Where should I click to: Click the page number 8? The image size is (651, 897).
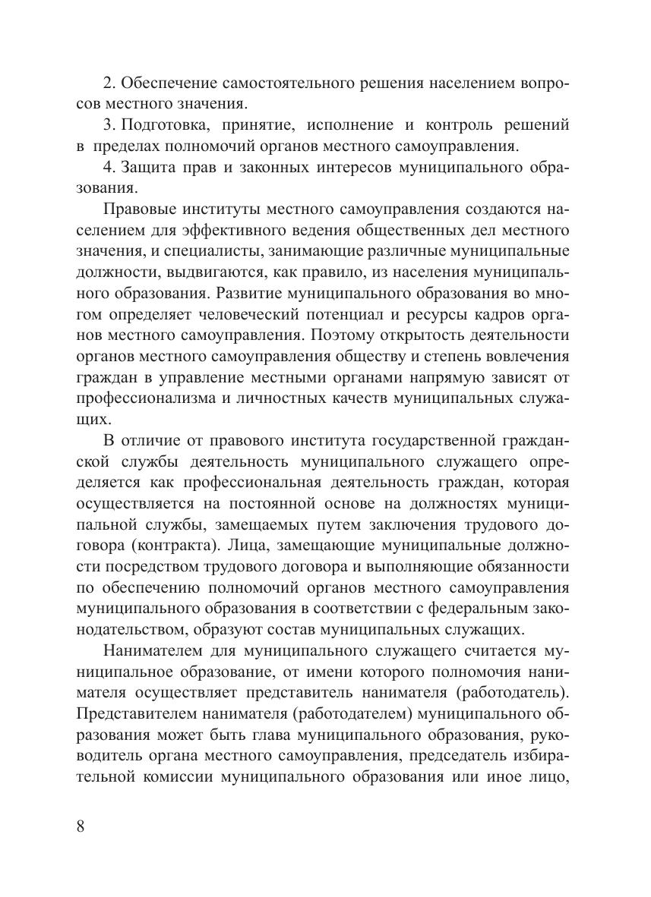point(82,826)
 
